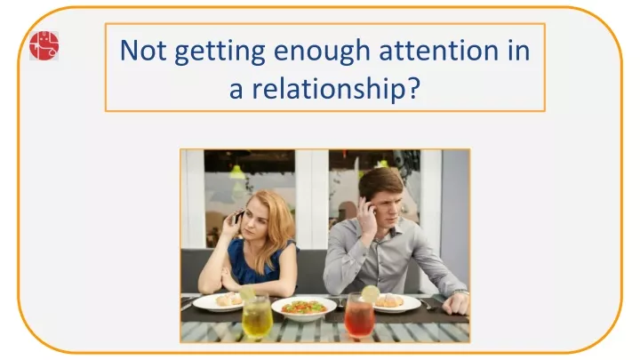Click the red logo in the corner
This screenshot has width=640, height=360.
(x=44, y=45)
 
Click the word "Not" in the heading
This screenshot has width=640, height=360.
(x=143, y=51)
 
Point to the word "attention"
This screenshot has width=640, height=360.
(x=439, y=51)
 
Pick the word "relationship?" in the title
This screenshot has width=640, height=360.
(x=336, y=87)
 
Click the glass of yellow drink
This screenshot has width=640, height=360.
(x=257, y=316)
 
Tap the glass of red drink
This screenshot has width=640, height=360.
(x=359, y=315)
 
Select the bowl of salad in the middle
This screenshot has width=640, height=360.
(x=304, y=308)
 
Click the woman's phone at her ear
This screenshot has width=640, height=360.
(x=238, y=216)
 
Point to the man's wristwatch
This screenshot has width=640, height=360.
(x=460, y=292)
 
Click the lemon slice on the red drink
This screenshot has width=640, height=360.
(x=370, y=293)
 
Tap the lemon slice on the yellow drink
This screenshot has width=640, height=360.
(x=247, y=293)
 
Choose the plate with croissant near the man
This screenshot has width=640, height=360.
(x=395, y=304)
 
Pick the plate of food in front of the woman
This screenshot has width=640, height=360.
(x=219, y=302)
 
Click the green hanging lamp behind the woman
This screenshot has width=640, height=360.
(x=236, y=172)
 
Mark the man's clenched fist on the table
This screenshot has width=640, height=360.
(x=456, y=304)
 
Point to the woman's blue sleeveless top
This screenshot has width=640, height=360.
(x=255, y=262)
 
